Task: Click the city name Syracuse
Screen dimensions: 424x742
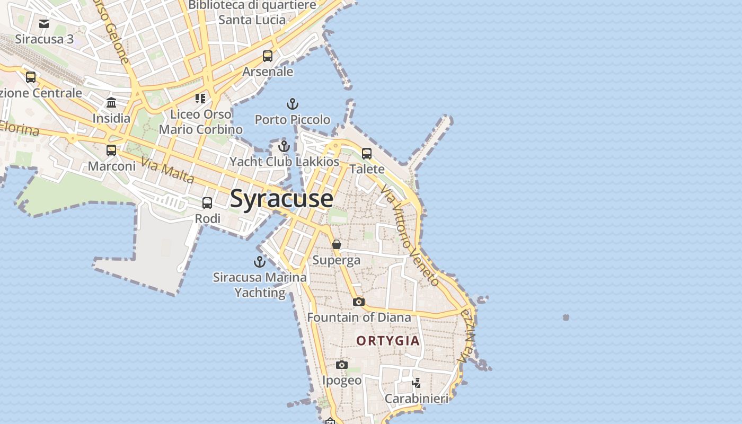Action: [281, 199]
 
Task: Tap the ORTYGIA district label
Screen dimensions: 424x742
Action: [388, 341]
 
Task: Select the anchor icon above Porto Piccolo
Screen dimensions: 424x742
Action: [293, 104]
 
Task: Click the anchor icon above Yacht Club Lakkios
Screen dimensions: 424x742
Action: [284, 146]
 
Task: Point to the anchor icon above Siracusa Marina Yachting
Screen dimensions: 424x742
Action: [260, 261]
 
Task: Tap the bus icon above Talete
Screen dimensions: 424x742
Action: [367, 154]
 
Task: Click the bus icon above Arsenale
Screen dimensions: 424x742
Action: [268, 56]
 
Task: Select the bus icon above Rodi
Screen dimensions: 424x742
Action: [207, 202]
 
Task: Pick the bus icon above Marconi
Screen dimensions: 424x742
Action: [111, 150]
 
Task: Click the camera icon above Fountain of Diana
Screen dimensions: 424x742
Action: [359, 302]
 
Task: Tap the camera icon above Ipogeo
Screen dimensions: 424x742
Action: [342, 365]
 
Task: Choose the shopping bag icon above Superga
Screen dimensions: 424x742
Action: [337, 244]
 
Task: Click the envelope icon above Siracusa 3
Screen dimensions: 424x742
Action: [44, 23]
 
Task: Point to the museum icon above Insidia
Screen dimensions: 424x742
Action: [111, 102]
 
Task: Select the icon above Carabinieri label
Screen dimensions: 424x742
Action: [417, 383]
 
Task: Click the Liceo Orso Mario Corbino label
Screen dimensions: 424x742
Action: [201, 121]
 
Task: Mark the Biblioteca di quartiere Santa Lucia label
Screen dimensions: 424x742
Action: [252, 12]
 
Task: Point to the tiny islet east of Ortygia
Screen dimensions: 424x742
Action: [566, 317]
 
